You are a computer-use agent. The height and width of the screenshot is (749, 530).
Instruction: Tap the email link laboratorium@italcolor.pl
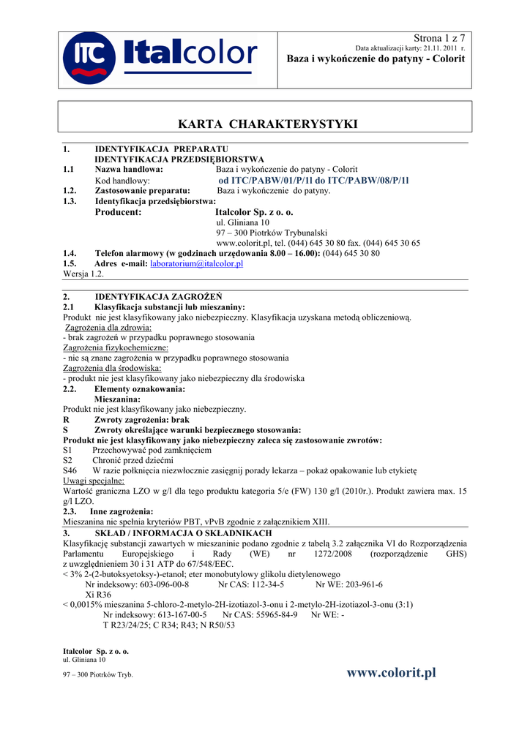[196, 263]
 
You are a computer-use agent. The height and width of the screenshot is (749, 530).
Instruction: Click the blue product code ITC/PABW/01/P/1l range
[313, 180]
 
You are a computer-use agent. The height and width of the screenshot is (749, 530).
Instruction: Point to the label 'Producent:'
[118, 212]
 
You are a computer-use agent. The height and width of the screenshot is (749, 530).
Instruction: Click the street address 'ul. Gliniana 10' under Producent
[243, 222]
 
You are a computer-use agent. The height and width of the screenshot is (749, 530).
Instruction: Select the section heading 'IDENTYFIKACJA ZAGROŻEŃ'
[158, 297]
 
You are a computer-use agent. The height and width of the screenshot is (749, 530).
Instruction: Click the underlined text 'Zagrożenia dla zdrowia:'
[108, 328]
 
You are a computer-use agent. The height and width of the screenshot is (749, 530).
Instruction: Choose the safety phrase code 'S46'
[70, 471]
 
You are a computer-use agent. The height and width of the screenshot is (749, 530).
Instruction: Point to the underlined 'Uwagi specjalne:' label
[94, 481]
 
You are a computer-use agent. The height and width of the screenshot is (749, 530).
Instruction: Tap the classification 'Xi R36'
[99, 595]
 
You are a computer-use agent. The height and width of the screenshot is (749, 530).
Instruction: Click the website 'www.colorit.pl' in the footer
[392, 672]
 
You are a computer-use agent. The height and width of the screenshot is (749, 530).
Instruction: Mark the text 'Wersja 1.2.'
[84, 274]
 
